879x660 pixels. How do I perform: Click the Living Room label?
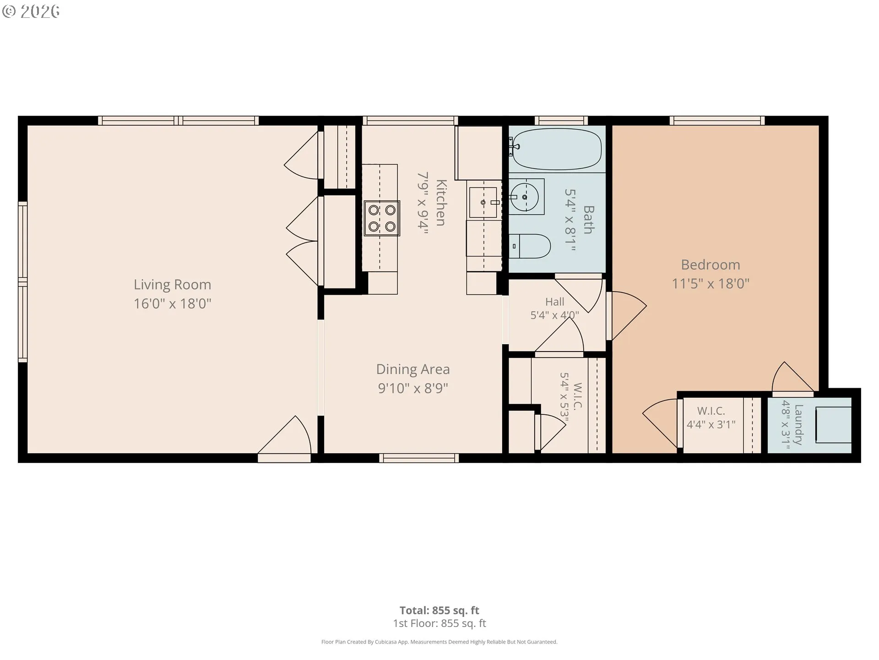click(x=172, y=285)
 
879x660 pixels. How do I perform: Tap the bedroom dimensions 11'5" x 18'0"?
click(x=710, y=284)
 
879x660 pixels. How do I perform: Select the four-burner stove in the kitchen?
click(x=382, y=218)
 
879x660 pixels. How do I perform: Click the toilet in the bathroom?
click(x=530, y=246)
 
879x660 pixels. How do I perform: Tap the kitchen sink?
click(x=483, y=202)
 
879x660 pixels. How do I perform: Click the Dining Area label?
click(x=413, y=369)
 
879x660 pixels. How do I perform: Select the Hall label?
click(x=554, y=302)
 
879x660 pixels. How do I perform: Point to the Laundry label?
click(x=798, y=424)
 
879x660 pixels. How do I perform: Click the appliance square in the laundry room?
click(x=833, y=425)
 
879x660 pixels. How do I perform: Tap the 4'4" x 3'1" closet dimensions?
click(x=711, y=424)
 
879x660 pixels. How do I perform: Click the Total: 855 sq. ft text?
click(x=439, y=610)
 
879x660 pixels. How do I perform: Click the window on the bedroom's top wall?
click(x=717, y=121)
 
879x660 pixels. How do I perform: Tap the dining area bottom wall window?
click(x=419, y=458)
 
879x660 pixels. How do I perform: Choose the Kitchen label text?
click(x=440, y=203)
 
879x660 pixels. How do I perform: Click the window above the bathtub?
click(x=561, y=121)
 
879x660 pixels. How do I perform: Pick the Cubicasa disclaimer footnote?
click(x=439, y=642)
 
